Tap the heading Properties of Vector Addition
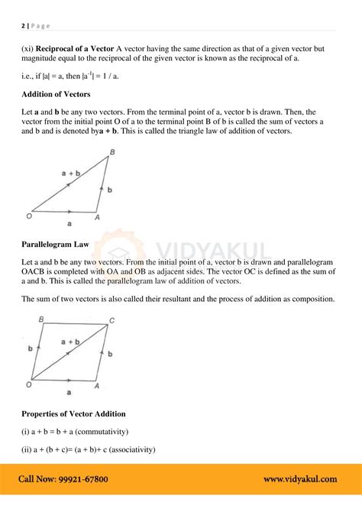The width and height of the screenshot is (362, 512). point(74,413)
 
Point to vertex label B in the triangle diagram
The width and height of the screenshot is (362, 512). point(112,153)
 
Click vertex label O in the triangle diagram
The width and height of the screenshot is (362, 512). point(28,216)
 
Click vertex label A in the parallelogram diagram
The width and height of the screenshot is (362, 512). point(97,386)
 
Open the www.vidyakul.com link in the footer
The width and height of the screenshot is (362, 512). point(300,479)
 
